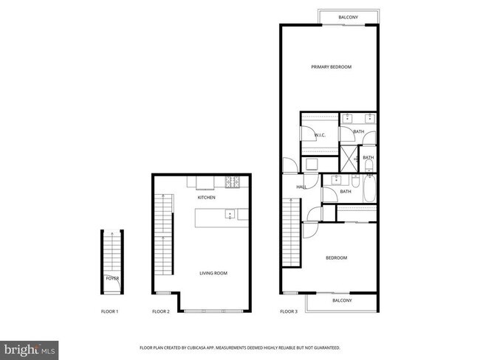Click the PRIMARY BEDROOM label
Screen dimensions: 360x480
pos(331,67)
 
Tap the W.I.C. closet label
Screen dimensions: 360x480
pos(320,135)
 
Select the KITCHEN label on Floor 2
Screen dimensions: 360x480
pos(206,198)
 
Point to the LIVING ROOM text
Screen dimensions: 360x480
pos(213,274)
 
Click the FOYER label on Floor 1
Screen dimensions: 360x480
pos(112,278)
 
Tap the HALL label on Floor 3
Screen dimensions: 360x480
pos(301,187)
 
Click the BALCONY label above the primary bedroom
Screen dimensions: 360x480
pos(349,17)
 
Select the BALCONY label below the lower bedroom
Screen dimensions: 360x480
pos(342,300)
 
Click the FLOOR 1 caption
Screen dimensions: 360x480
pos(110,312)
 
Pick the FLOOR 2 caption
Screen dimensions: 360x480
pos(161,312)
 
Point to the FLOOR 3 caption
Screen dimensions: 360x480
pos(288,312)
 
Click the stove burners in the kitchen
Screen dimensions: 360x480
pos(231,181)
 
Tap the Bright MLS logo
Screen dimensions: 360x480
pos(30,347)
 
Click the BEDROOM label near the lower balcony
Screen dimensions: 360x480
pos(337,257)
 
